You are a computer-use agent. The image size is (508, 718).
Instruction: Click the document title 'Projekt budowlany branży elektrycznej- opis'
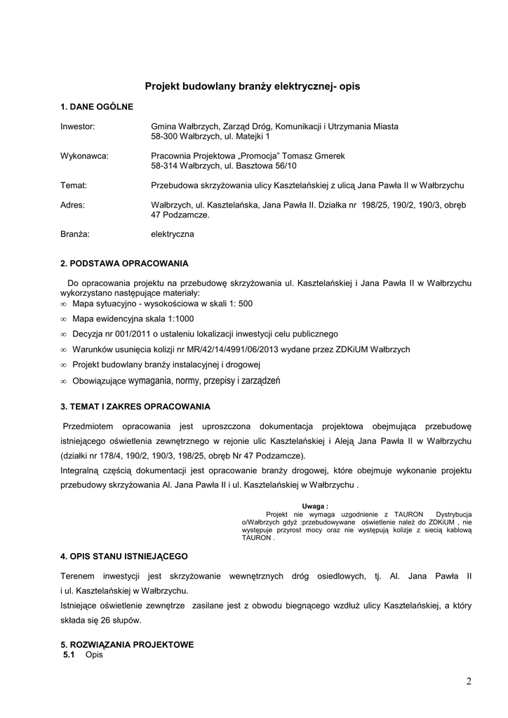(x=252, y=86)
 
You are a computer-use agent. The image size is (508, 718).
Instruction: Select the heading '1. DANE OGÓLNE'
(x=96, y=107)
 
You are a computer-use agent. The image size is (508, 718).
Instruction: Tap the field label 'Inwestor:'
(x=77, y=127)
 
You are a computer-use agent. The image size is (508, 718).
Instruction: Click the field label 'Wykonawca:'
(x=84, y=156)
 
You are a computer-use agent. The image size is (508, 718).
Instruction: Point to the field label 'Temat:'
(x=74, y=185)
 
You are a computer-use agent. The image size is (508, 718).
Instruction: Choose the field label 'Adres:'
(x=73, y=205)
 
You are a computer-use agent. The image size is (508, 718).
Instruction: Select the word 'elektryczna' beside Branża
(x=173, y=234)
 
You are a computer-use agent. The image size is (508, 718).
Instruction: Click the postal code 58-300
(x=165, y=137)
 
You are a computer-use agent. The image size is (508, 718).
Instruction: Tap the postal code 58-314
(x=165, y=166)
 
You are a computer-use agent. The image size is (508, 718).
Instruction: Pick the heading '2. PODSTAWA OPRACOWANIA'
(x=124, y=264)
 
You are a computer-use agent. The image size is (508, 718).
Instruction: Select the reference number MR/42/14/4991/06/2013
(x=218, y=349)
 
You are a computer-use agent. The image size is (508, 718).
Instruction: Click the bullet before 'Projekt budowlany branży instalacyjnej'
(x=63, y=365)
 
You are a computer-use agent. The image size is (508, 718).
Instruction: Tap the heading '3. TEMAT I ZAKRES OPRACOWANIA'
(x=135, y=406)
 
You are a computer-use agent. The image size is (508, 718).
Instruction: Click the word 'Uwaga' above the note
(x=314, y=506)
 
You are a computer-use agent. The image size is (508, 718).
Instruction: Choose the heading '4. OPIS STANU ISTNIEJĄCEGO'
(x=124, y=556)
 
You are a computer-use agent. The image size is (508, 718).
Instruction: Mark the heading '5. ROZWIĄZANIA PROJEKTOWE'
(x=127, y=644)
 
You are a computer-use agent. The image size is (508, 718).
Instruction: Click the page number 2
(x=468, y=681)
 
